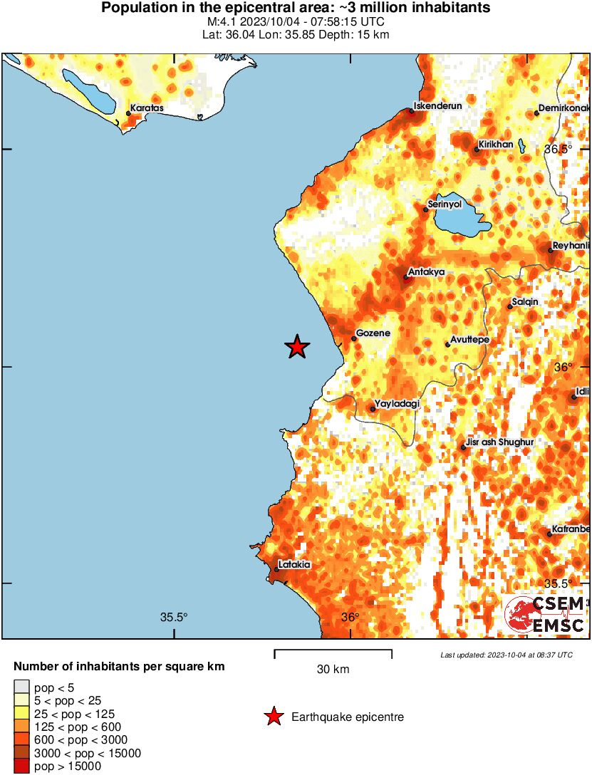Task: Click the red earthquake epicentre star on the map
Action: click(x=297, y=347)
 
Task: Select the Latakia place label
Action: click(x=295, y=564)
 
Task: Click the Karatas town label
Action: click(x=147, y=108)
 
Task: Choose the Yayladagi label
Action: click(x=397, y=404)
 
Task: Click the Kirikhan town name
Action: click(x=496, y=144)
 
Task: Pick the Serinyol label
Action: click(x=446, y=204)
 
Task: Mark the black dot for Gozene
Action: click(x=353, y=338)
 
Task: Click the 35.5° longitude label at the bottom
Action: click(x=174, y=618)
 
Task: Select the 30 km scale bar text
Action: click(x=333, y=670)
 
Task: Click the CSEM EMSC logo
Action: click(x=546, y=615)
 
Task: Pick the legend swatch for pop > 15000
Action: click(x=21, y=766)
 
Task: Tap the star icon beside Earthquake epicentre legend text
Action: click(x=274, y=717)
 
